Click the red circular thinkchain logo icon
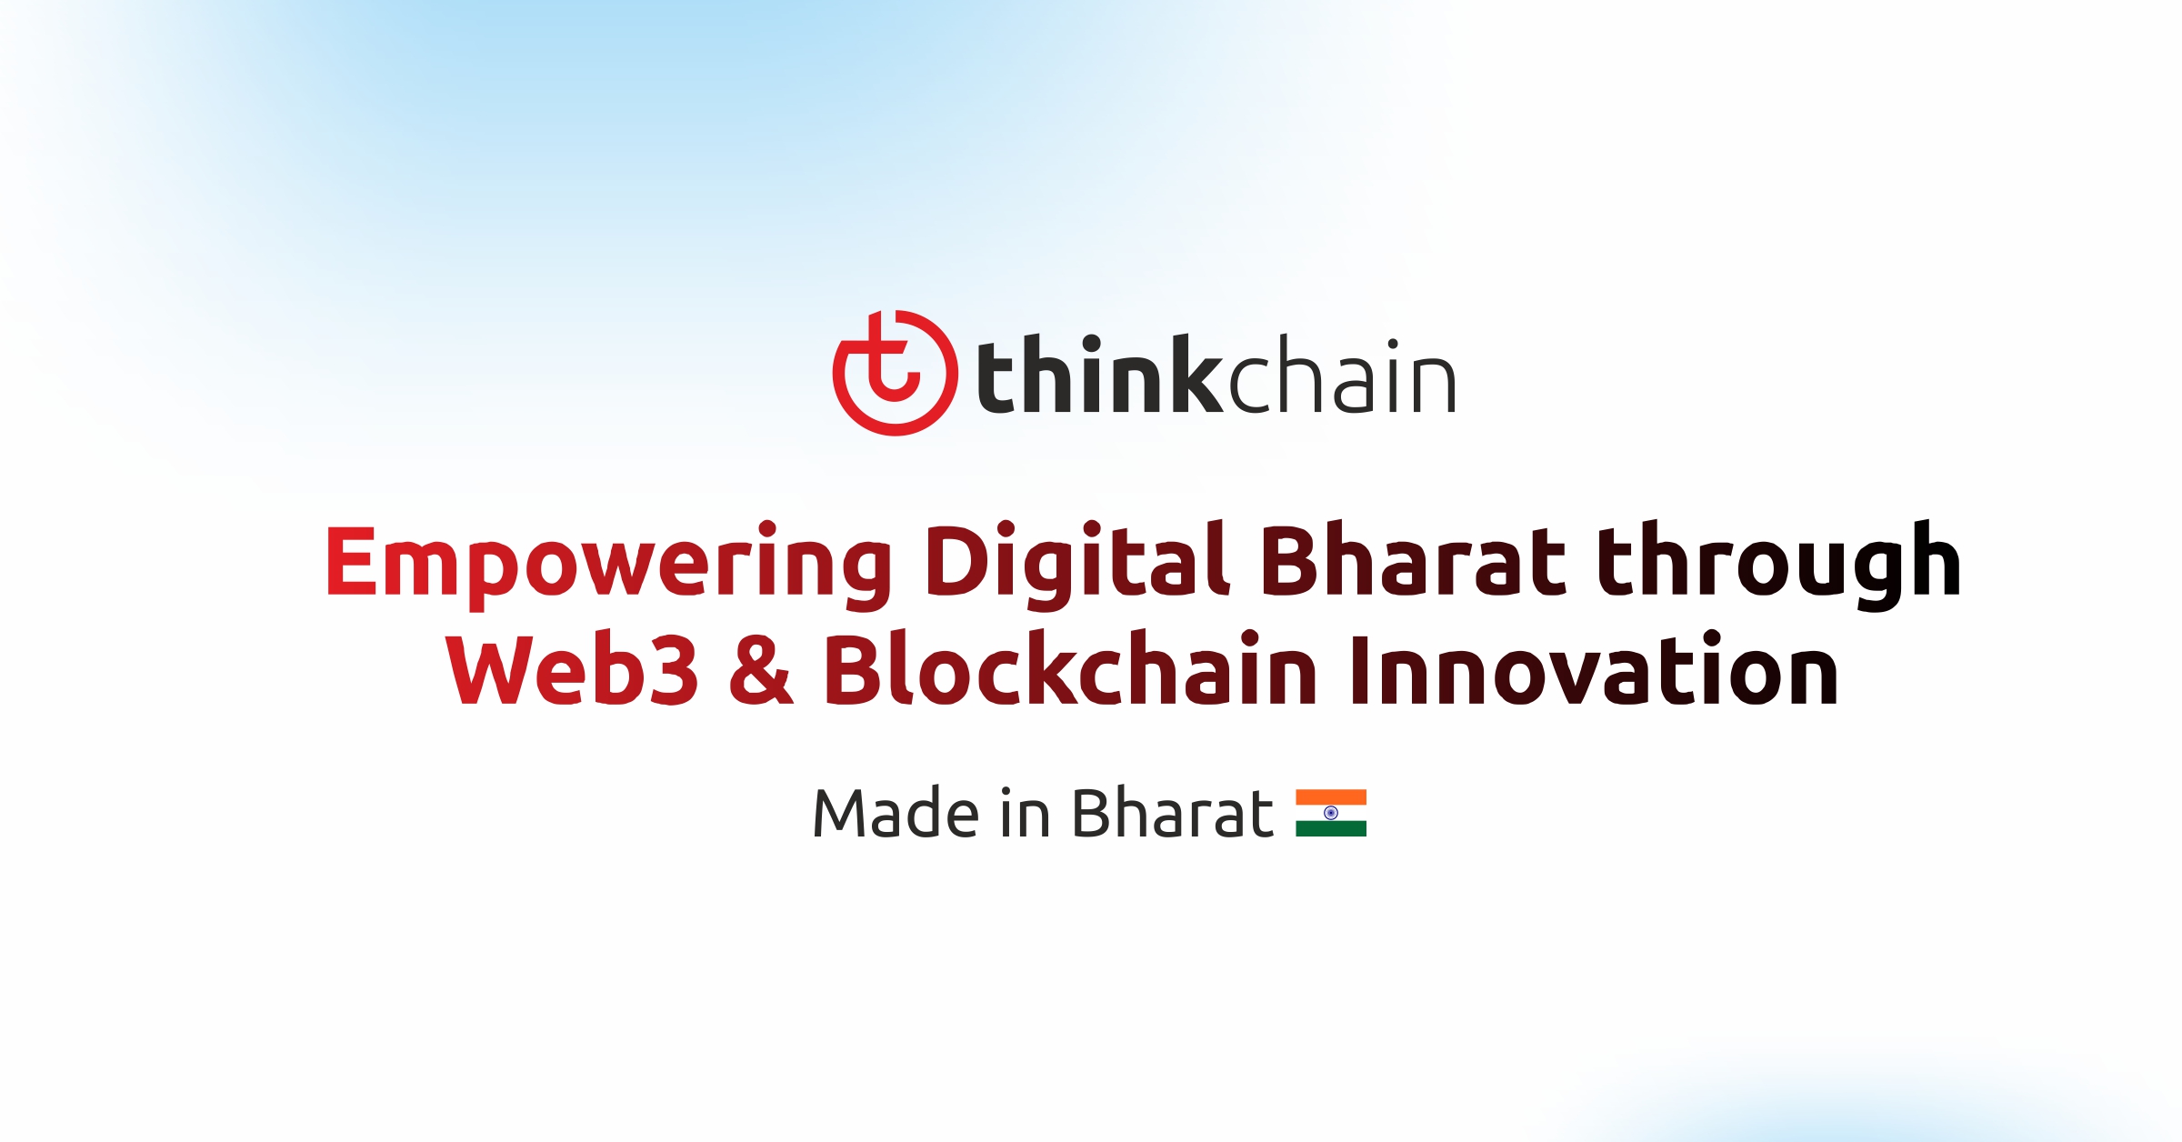coord(895,373)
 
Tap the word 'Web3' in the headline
coord(573,670)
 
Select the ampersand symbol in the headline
coord(761,670)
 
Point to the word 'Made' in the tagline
coord(896,813)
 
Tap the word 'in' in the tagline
coord(1025,813)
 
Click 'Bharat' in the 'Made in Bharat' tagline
coord(1173,813)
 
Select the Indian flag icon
coord(1331,813)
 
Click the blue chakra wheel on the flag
coord(1331,813)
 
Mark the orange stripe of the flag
coord(1331,797)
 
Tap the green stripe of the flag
coord(1331,828)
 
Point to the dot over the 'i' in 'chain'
coord(1392,345)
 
